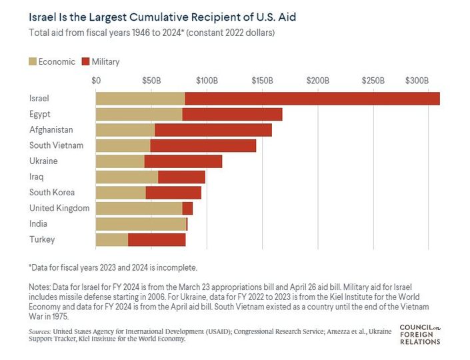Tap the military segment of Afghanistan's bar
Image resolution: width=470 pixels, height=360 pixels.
pos(213,130)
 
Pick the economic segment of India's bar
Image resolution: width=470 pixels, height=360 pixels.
pos(141,224)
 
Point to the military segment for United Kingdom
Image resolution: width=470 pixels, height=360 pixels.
pos(187,208)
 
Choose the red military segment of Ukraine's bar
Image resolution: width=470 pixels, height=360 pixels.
pos(183,161)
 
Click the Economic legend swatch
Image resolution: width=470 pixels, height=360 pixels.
pos(33,62)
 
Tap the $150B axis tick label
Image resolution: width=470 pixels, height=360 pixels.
pos(263,81)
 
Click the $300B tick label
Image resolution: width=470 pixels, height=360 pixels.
pos(418,81)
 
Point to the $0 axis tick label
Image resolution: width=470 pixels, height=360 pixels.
pos(96,81)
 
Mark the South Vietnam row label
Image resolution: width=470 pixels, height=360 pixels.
pos(55,145)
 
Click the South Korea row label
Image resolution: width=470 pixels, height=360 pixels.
pos(52,193)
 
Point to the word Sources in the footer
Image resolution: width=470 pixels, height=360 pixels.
pos(41,331)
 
